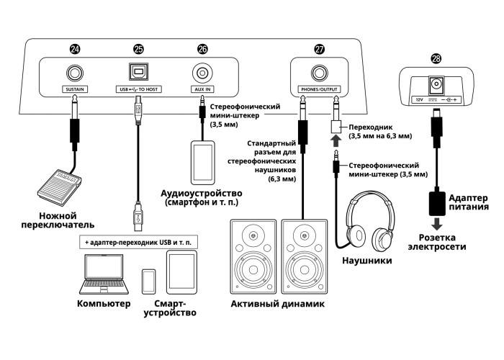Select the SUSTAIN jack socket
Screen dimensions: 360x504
pyautogui.click(x=75, y=73)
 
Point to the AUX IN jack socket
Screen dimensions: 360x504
pyautogui.click(x=202, y=73)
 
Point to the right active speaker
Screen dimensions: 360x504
pyautogui.click(x=305, y=256)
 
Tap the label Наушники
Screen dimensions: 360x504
pyautogui.click(x=367, y=260)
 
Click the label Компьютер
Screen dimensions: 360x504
pyautogui.click(x=103, y=304)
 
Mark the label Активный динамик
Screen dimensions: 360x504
pyautogui.click(x=277, y=305)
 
